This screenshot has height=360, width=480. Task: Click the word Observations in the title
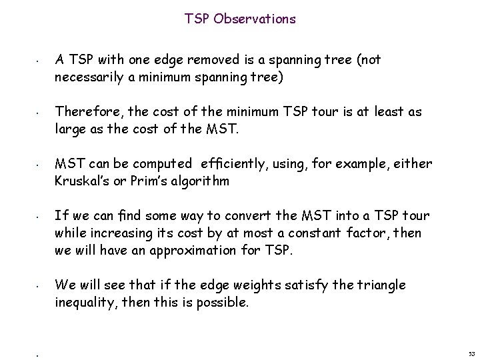[x=255, y=19]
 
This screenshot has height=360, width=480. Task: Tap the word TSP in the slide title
[x=198, y=19]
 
